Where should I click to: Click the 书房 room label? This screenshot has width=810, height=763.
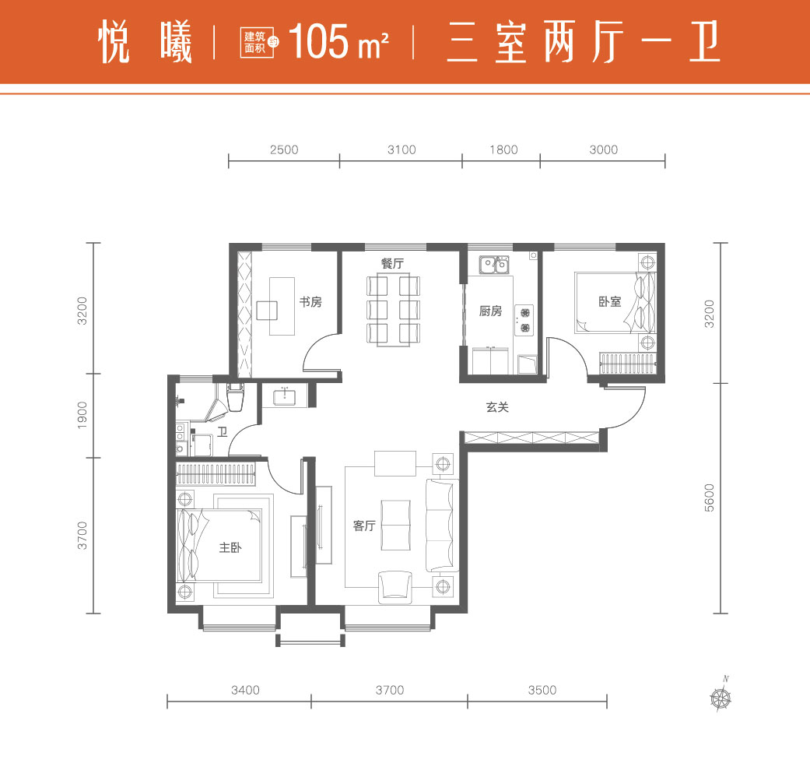tap(310, 301)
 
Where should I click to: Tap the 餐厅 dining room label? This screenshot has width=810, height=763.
tap(392, 263)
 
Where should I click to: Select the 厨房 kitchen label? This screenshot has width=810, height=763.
tap(490, 311)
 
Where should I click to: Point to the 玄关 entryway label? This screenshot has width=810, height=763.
tap(497, 407)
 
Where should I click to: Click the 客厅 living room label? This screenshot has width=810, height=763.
tap(364, 526)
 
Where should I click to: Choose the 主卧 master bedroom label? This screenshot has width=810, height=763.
tap(230, 547)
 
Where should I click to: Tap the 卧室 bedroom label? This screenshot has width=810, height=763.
tap(609, 301)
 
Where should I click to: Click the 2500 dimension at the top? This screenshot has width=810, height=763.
tap(284, 149)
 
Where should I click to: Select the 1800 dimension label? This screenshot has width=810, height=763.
tap(503, 149)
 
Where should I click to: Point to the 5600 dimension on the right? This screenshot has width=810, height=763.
tap(710, 498)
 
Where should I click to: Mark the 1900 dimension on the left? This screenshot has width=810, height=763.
tap(82, 415)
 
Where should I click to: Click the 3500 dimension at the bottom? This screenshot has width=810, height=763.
tap(542, 690)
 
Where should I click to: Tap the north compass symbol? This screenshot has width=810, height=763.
tap(721, 694)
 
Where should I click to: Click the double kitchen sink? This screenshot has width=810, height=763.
tap(493, 265)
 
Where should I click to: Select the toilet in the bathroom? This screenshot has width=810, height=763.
tap(235, 397)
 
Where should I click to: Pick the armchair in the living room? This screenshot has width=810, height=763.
tap(395, 587)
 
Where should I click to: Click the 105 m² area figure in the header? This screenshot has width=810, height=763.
tap(338, 42)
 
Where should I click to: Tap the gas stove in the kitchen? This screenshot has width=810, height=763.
tap(525, 320)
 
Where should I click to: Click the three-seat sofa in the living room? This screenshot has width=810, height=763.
tap(442, 526)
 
